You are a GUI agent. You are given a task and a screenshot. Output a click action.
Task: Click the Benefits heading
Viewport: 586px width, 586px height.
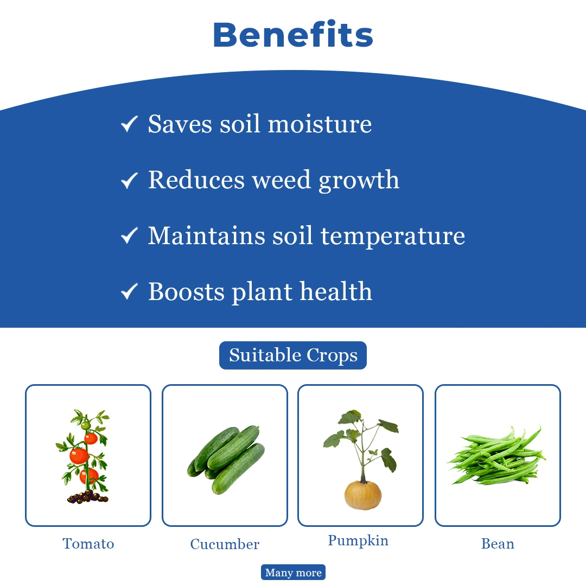293,34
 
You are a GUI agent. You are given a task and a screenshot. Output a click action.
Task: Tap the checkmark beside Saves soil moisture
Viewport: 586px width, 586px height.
129,124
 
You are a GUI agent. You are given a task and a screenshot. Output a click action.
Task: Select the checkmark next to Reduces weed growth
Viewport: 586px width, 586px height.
129,180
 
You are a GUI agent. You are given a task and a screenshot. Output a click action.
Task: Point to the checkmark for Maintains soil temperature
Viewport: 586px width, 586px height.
129,235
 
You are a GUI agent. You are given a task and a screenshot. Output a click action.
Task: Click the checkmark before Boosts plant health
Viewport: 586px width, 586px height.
129,291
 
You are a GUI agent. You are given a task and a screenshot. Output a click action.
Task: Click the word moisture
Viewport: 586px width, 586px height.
320,124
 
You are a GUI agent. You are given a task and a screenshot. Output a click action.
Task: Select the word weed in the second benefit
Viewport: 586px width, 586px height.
282,180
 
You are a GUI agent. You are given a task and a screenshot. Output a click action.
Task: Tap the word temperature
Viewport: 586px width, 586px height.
393,237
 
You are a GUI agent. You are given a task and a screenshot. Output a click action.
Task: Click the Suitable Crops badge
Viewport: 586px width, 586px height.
293,355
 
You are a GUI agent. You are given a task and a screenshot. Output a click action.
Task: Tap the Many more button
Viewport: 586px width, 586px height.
293,572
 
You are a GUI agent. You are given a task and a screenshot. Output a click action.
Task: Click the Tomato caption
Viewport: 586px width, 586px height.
88,544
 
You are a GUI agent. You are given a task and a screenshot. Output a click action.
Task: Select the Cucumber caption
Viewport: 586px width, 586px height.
225,544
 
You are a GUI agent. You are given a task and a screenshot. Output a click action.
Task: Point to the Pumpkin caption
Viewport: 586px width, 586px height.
358,541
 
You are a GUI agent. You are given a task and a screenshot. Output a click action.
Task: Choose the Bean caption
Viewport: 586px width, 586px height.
498,544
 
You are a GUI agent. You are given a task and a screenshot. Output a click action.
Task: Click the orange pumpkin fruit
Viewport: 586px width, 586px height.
363,495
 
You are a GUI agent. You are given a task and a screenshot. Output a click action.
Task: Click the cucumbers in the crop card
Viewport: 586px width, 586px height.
226,460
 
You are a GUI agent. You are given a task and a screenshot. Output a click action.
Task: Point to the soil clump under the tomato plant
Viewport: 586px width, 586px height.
87,498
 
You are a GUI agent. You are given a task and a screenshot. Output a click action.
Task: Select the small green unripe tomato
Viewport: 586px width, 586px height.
85,425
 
